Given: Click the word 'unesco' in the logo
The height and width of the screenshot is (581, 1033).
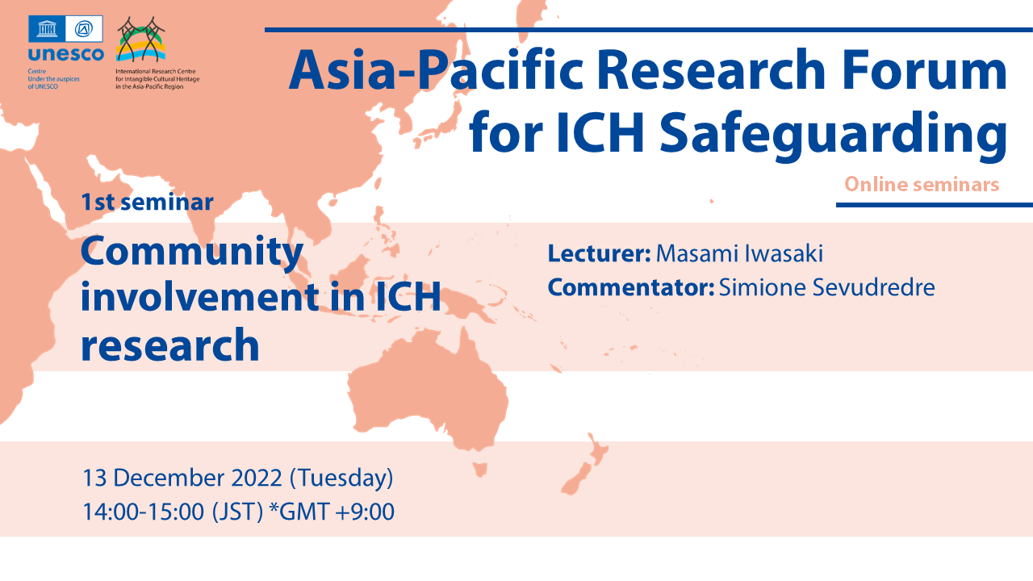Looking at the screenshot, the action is (65, 54).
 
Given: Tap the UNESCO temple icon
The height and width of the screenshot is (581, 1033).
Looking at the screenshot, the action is (47, 28).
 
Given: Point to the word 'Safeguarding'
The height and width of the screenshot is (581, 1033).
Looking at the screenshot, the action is (834, 135).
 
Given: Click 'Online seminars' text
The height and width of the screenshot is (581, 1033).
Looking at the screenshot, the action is (922, 185).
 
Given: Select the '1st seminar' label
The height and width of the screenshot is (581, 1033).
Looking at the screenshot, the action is (147, 202).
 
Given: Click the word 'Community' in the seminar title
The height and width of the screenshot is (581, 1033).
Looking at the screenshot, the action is (192, 253).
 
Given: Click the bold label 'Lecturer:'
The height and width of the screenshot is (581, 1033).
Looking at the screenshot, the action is (599, 253).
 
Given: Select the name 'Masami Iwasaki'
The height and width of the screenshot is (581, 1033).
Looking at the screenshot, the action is (739, 253).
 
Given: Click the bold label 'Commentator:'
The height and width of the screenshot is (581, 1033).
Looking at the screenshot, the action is (631, 287).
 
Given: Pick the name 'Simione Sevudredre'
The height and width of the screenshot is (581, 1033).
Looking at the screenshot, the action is (827, 287).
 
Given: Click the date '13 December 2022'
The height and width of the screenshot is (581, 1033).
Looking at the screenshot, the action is (182, 478).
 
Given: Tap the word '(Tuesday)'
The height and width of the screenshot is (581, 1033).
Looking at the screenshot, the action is (341, 479).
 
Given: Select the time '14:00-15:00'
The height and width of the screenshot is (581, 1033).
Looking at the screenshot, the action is (143, 512).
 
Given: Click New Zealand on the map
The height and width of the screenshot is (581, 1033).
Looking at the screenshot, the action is (585, 464).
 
